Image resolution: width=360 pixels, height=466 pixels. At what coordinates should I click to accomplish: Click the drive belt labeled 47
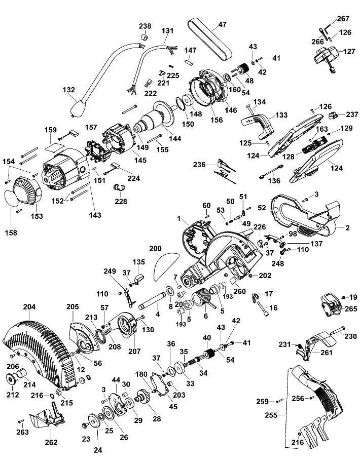209,38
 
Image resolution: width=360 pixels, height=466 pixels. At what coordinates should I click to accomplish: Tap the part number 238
145,26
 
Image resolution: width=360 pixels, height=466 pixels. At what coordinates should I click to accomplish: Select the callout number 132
69,90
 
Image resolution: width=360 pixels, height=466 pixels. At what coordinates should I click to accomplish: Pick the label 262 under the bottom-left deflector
51,442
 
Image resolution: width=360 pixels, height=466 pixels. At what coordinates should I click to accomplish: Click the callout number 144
174,138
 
